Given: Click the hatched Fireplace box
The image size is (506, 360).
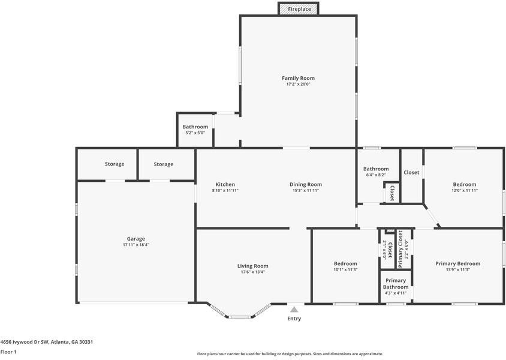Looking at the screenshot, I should (298, 9).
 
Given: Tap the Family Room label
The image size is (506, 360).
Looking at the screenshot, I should (298, 78).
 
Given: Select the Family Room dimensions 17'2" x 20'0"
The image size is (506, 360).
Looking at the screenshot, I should (298, 85).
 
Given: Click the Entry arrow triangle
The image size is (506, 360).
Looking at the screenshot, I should (294, 310).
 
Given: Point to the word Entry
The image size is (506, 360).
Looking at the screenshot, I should (294, 319).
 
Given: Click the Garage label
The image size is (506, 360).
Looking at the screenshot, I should (135, 239).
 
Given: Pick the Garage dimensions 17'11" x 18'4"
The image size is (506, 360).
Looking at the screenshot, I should (135, 245).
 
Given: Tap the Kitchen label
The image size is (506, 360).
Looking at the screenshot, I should (225, 184).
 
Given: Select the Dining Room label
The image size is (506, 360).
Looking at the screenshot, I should (306, 184).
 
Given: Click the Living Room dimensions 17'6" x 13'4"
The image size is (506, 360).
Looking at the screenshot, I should (252, 272).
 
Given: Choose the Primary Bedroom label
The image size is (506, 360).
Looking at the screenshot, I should (457, 263).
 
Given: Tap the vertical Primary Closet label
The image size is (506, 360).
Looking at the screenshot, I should (401, 249).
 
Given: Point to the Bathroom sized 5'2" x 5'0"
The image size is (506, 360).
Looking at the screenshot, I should (195, 127).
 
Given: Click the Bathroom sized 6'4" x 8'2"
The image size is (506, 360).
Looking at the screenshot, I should (376, 169).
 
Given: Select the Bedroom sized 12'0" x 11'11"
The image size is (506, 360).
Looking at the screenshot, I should (465, 184).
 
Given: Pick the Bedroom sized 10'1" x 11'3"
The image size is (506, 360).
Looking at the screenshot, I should (345, 263).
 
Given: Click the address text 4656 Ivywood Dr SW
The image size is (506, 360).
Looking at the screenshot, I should (24, 341).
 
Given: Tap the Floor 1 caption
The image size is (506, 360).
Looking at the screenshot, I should (8, 352).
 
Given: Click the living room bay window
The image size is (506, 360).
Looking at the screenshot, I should (242, 315).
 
